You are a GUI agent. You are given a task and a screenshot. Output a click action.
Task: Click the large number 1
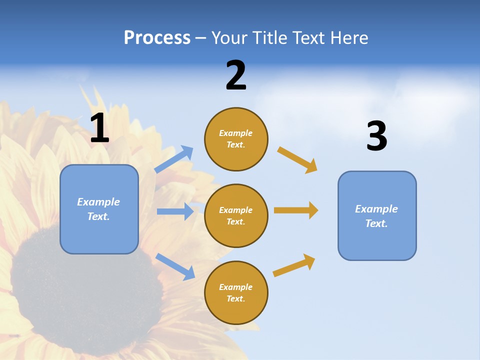[x=99, y=128]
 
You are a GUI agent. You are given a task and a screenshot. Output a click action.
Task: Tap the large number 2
[x=236, y=75]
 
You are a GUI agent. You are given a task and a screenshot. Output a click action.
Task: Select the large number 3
[x=376, y=136]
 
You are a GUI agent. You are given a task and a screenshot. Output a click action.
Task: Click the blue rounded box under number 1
[x=99, y=209]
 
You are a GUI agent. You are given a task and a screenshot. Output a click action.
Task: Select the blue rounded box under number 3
[x=377, y=215]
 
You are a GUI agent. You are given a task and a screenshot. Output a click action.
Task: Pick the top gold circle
[x=236, y=139]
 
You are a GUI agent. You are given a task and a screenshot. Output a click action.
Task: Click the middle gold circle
[x=236, y=215]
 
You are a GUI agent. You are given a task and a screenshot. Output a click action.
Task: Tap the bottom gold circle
[x=236, y=292]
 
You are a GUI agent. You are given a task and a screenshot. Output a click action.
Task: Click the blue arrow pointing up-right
[x=174, y=159]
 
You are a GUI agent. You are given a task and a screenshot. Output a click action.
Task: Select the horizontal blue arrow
[x=175, y=211]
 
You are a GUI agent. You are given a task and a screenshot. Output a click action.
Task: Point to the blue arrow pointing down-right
[x=175, y=266]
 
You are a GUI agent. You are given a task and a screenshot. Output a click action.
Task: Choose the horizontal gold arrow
[x=296, y=210]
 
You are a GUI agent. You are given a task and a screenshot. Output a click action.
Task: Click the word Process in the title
[x=157, y=37]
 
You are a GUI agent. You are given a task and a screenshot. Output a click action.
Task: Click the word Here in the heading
[x=349, y=37]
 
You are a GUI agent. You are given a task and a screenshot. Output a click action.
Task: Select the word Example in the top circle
[x=236, y=133]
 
